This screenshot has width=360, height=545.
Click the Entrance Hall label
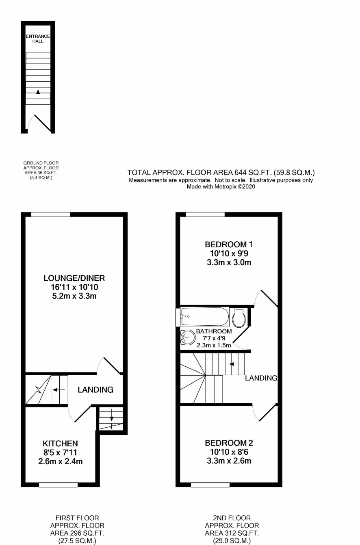point(38,39)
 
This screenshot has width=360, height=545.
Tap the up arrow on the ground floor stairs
point(38,95)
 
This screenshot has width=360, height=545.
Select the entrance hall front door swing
point(39,123)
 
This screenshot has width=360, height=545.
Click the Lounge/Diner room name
point(74,278)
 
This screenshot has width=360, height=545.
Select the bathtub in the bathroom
point(205,316)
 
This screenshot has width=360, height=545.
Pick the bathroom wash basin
point(188,338)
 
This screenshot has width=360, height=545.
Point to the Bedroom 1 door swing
point(266,298)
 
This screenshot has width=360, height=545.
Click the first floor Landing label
point(95,390)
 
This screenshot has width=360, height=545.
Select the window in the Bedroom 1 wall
point(205,214)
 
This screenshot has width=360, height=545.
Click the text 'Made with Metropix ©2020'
point(221,187)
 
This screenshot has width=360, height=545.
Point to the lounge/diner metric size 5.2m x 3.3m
point(74,296)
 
